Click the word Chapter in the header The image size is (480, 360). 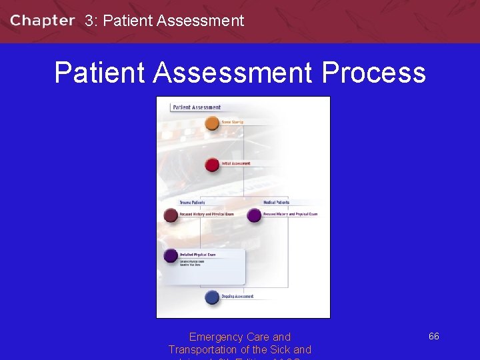point(42,21)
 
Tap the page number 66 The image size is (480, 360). point(433,337)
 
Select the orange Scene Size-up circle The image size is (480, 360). point(212,123)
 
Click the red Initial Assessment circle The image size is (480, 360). point(212,164)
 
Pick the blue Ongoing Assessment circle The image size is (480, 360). point(212,297)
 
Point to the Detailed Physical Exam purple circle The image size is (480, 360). point(171,255)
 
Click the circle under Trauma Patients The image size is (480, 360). point(171,215)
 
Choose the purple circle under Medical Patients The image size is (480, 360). point(254,215)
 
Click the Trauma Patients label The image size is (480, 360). point(192,202)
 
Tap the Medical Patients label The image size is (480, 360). point(276,202)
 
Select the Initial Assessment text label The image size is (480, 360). point(236,163)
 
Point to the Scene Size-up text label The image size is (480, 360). point(232,122)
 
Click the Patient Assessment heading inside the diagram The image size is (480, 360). point(197,107)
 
